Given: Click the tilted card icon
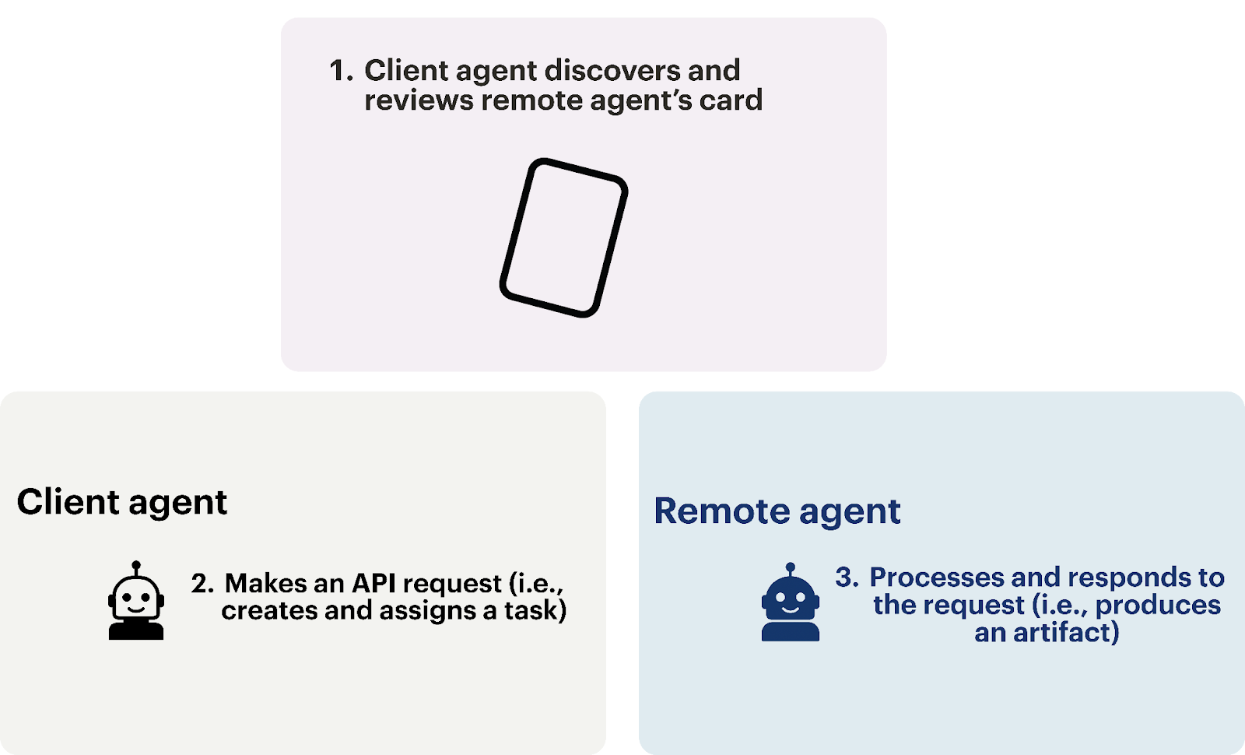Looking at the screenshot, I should pyautogui.click(x=563, y=237).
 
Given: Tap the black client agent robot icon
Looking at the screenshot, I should pyautogui.click(x=136, y=603).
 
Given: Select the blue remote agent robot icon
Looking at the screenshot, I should pyautogui.click(x=791, y=606).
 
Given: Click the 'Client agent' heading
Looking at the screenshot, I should pyautogui.click(x=122, y=502).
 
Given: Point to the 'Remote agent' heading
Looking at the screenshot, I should pyautogui.click(x=777, y=511).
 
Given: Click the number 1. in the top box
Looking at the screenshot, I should pyautogui.click(x=341, y=71).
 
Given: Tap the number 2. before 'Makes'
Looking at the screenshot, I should pyautogui.click(x=202, y=584).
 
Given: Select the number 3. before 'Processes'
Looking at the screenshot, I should pyautogui.click(x=847, y=578).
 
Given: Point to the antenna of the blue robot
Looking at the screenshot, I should pyautogui.click(x=791, y=569).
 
